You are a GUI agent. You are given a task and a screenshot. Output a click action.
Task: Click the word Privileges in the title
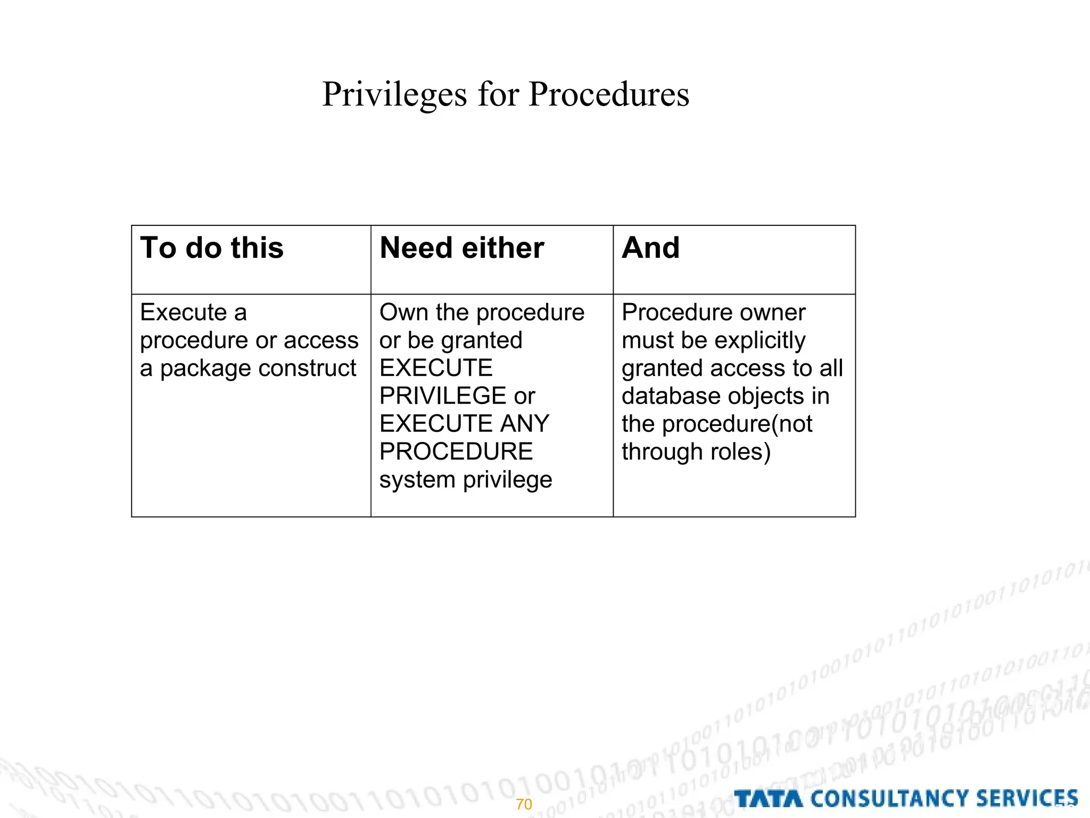point(394,95)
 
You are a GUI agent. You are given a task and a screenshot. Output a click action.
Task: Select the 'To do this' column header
point(212,248)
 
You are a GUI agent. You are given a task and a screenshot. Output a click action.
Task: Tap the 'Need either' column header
point(461,248)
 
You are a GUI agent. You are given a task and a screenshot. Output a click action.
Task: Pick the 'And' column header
point(650,248)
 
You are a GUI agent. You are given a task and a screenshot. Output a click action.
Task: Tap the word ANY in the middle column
point(524,424)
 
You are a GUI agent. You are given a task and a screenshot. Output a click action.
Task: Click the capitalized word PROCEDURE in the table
point(456,452)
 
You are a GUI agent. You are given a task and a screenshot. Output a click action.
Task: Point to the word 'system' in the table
point(417,480)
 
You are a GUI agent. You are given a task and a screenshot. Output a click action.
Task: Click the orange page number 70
point(524,804)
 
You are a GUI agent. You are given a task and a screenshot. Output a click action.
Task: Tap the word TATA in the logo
point(768,799)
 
